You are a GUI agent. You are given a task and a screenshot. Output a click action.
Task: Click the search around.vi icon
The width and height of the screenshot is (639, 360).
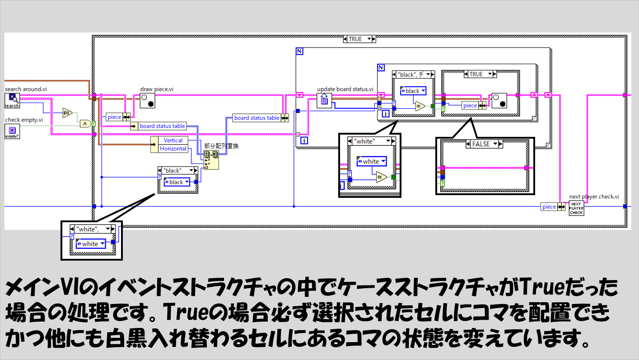[12, 100]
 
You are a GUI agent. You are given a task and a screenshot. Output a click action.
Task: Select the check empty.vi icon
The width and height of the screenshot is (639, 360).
[12, 131]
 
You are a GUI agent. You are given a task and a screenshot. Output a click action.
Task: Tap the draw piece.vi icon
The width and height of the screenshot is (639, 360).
[147, 101]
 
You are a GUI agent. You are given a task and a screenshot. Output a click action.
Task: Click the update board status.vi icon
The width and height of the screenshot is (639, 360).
[324, 101]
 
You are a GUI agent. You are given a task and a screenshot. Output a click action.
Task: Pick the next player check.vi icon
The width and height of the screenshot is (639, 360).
[576, 208]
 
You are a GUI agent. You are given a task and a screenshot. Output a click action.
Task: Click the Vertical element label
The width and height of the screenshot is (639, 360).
[173, 140]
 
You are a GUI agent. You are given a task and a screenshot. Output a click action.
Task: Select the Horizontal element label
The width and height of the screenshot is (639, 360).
[173, 149]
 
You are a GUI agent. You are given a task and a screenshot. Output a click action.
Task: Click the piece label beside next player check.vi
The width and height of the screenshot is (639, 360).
[549, 207]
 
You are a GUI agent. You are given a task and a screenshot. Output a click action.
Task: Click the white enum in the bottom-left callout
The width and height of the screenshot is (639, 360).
[90, 244]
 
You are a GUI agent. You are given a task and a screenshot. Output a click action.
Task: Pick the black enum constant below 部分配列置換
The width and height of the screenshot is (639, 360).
[177, 182]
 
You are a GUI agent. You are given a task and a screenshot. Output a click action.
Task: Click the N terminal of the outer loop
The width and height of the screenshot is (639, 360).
[299, 52]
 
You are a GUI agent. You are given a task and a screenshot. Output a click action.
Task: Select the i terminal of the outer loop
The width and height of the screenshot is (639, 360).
[304, 141]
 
